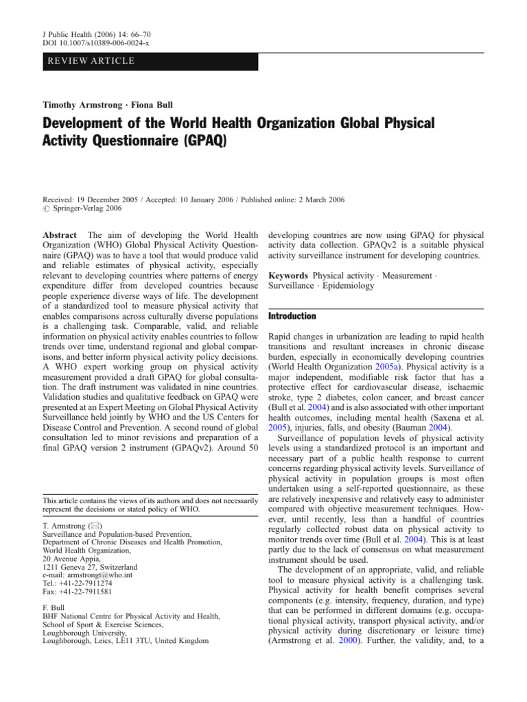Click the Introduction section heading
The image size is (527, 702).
(x=292, y=316)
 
